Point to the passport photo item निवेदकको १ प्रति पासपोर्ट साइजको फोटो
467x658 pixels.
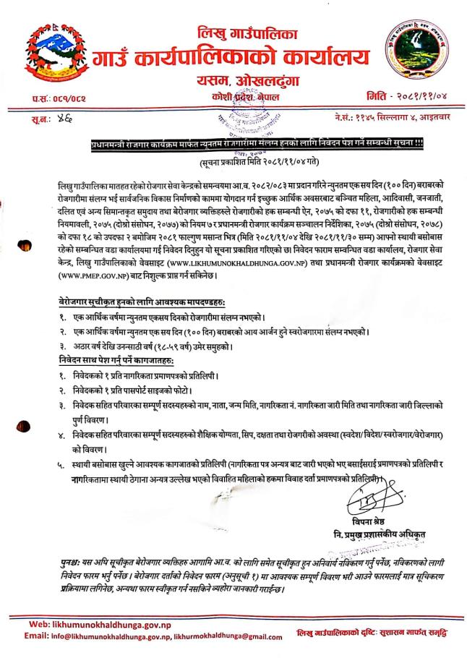click(144, 388)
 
